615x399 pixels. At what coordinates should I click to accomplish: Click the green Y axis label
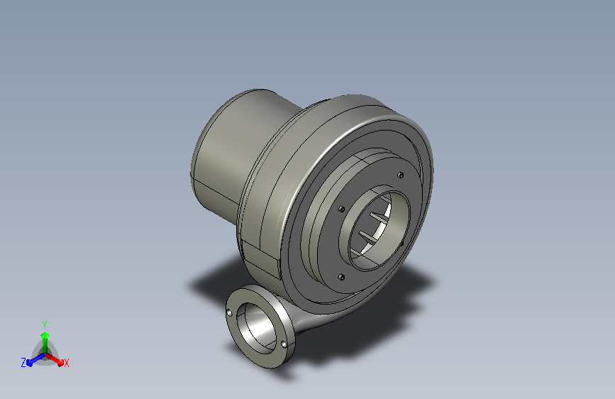point(45,324)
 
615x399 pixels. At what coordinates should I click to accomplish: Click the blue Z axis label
point(23,363)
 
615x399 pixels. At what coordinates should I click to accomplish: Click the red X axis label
point(66,363)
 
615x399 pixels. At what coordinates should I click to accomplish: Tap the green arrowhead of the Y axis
point(45,335)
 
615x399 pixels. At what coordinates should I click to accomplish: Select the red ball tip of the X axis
point(60,362)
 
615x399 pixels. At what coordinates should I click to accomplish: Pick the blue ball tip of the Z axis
point(30,363)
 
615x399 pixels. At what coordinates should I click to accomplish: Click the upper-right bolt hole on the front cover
point(400,175)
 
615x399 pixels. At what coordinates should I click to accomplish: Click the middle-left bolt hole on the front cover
point(341,209)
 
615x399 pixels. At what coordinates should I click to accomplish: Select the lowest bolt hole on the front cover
point(340,278)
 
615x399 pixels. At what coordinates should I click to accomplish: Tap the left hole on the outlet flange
point(229,313)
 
